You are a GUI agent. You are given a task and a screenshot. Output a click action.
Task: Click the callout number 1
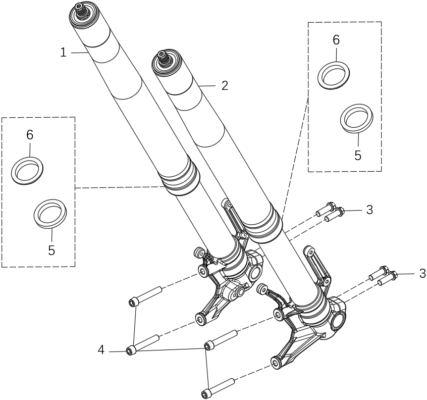(x=63, y=52)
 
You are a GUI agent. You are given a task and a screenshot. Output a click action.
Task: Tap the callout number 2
(x=225, y=85)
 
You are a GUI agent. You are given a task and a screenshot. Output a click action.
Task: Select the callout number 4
(x=101, y=349)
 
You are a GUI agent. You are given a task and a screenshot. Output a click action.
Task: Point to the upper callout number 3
(x=369, y=210)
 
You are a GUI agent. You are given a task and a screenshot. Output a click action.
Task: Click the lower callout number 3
(x=422, y=274)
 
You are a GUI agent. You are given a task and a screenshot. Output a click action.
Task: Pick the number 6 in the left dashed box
(x=30, y=135)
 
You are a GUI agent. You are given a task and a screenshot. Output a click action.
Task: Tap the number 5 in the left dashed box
(x=51, y=250)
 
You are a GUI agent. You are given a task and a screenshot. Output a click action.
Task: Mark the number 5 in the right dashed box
(x=358, y=155)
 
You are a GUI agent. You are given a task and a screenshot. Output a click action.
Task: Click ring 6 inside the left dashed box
(x=27, y=170)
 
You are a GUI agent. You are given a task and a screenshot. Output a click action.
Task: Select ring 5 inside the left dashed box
(x=50, y=213)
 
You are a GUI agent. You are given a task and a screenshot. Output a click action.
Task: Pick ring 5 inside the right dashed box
(x=357, y=117)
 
